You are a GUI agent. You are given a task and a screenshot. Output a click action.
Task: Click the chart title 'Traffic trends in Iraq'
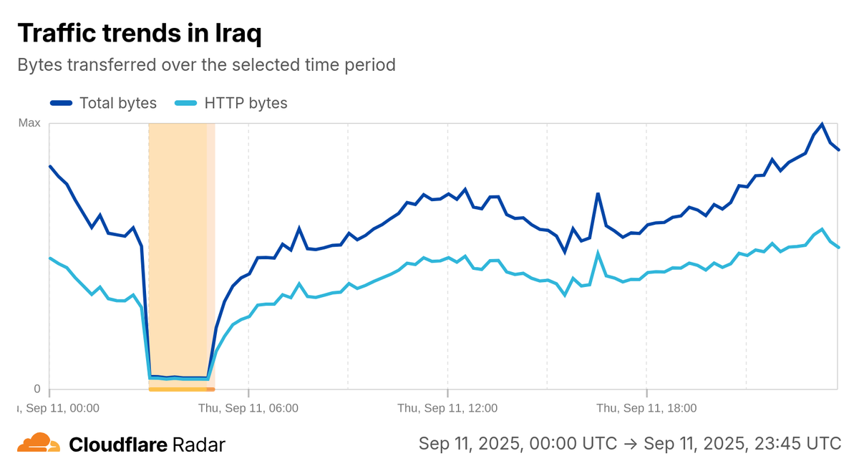coord(139,33)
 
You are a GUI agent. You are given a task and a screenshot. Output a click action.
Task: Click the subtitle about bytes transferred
coord(206,64)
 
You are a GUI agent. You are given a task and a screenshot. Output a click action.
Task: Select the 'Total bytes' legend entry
coord(104,103)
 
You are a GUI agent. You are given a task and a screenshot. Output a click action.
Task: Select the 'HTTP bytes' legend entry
coord(231,103)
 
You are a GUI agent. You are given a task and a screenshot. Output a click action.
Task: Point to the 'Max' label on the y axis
coord(29,123)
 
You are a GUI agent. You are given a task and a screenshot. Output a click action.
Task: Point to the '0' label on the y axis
coord(37,389)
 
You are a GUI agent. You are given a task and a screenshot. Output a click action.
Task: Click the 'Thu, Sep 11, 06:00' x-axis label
coord(248,408)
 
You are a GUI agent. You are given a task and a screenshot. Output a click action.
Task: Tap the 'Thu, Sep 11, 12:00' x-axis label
coord(447,408)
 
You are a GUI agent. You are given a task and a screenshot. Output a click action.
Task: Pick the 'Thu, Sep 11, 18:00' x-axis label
coord(646,408)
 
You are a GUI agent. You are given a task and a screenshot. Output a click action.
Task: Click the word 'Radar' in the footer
coord(199,445)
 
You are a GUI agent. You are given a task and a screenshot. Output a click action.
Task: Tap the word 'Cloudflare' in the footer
coord(118,445)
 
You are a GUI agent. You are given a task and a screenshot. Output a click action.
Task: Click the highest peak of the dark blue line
coord(822,124)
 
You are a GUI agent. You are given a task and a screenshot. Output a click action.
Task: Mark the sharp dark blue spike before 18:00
coord(598,193)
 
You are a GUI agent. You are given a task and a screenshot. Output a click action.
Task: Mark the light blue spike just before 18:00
coord(598,253)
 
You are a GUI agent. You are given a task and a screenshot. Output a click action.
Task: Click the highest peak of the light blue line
coord(822,229)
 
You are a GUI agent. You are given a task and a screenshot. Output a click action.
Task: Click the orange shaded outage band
coord(179,251)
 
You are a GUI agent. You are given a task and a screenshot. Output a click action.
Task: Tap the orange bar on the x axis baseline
coord(181,389)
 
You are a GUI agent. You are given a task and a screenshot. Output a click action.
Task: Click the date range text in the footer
coord(630,444)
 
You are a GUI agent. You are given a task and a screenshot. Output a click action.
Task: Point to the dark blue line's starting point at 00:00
coord(49,166)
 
